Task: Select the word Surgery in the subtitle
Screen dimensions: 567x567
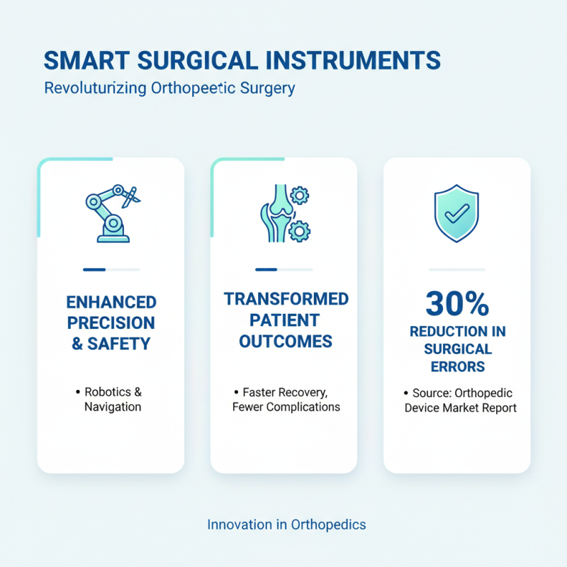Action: [x=266, y=89]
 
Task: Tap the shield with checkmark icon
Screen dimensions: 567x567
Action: [x=456, y=213]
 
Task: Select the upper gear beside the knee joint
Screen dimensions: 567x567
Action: [x=301, y=194]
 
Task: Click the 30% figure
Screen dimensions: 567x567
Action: [x=456, y=305]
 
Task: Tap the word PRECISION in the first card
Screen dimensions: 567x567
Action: [x=111, y=323]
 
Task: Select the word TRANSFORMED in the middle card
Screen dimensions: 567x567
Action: [x=286, y=299]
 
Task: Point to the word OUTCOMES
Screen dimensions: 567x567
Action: [x=286, y=342]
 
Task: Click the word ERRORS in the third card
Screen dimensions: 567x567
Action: [x=457, y=366]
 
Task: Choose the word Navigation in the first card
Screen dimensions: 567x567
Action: [x=113, y=407]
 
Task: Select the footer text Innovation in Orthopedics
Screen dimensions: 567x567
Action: [x=286, y=524]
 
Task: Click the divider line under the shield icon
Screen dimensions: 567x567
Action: [x=457, y=269]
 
